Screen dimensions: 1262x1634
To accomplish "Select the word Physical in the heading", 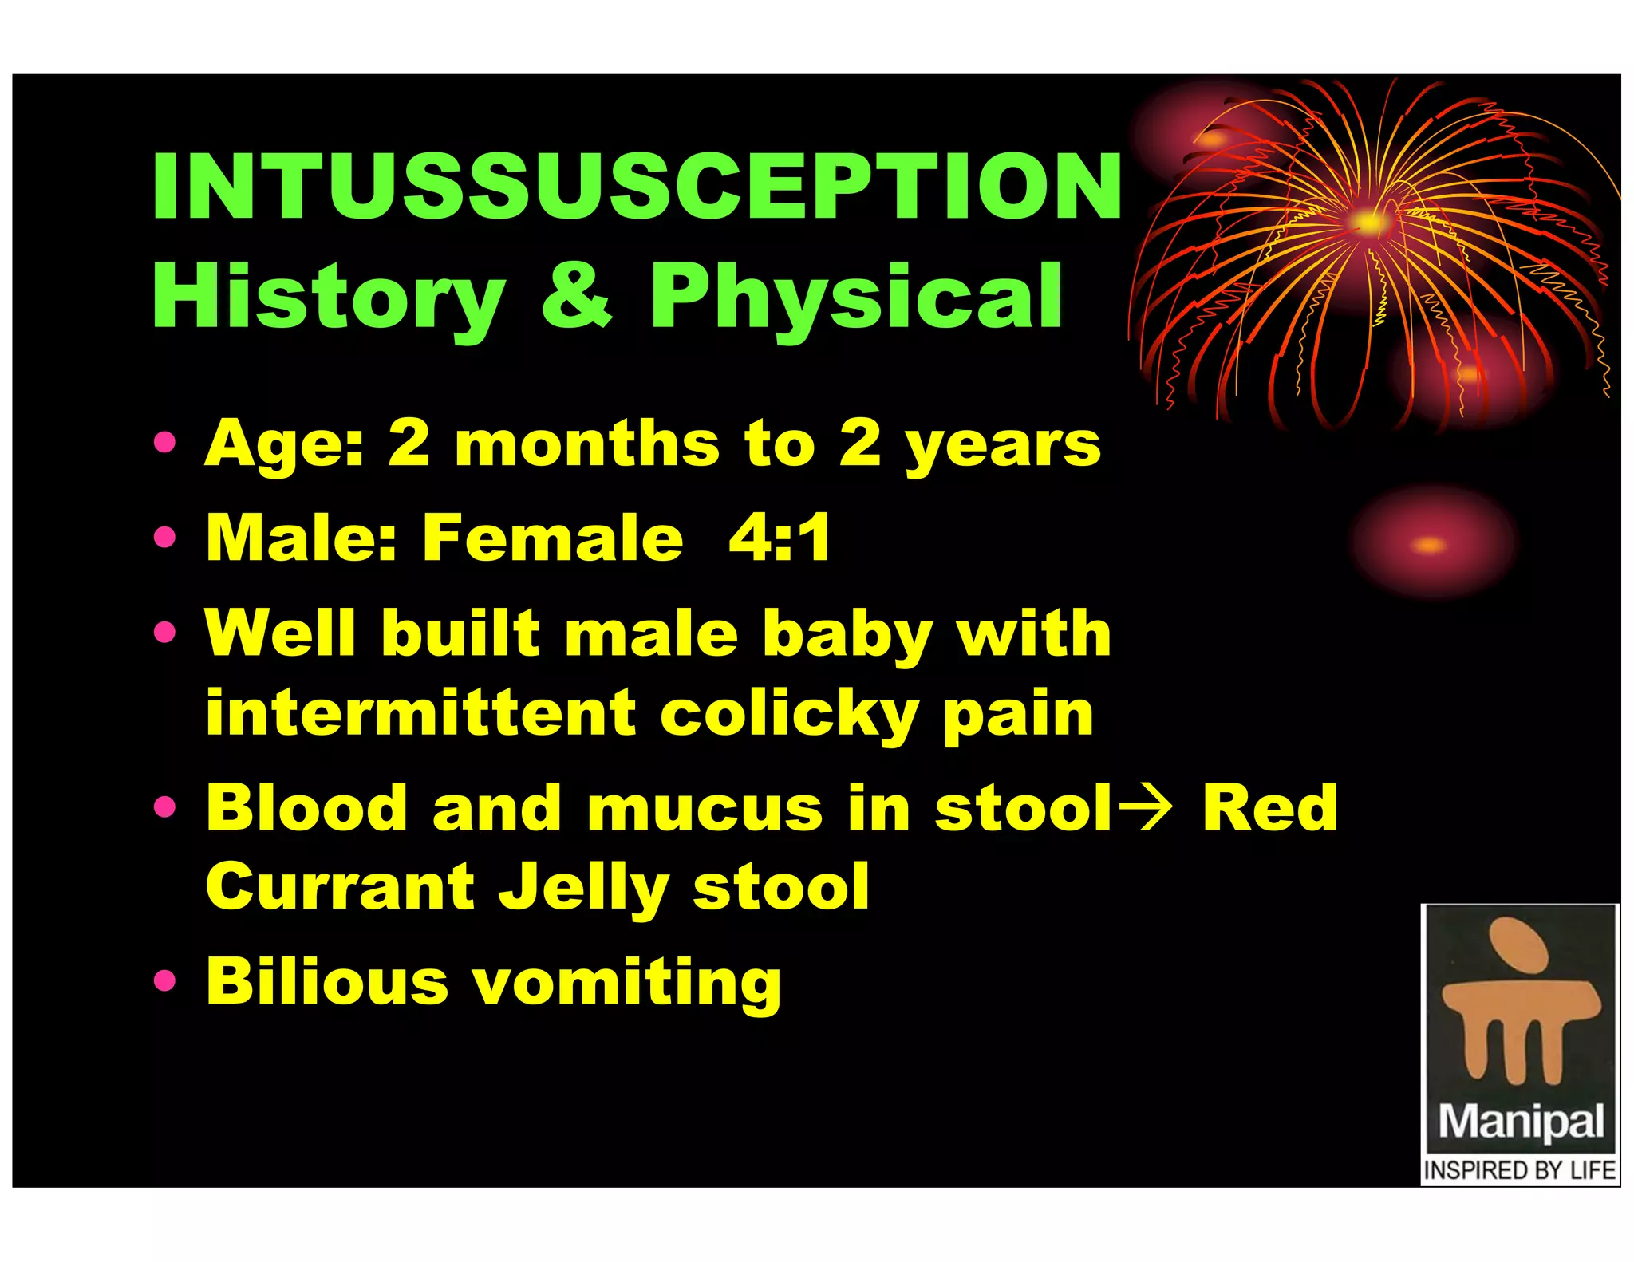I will (856, 297).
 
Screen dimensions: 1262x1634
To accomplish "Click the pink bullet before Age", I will (164, 442).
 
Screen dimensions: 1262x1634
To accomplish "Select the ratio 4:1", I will (779, 538).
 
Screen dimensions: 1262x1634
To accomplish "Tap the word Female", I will (552, 538).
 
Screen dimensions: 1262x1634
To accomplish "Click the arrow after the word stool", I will (1145, 807).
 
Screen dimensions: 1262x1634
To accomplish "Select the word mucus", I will (704, 808).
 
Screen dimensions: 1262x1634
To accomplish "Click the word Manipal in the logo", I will (1520, 1122).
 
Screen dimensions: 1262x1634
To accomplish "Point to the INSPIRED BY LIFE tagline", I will (1520, 1170).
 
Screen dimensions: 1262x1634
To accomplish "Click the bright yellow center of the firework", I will (1369, 223).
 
